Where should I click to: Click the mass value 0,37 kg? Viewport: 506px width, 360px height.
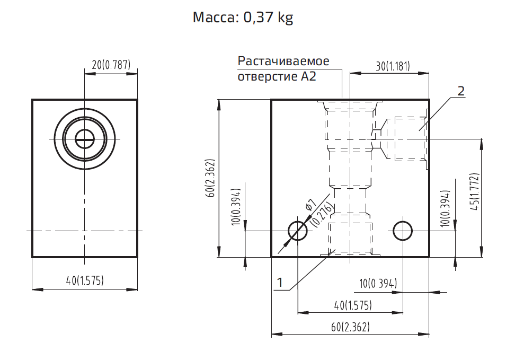(x=268, y=17)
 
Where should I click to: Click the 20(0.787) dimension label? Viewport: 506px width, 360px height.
(x=111, y=65)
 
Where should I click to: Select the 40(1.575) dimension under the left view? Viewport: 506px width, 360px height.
(x=85, y=280)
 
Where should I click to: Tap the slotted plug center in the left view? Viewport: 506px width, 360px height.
(x=85, y=139)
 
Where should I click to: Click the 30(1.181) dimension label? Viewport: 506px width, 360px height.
(x=393, y=66)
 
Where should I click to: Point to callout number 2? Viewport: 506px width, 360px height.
(x=461, y=91)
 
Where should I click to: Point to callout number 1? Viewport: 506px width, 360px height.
(x=280, y=283)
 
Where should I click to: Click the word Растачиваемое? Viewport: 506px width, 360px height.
(x=283, y=61)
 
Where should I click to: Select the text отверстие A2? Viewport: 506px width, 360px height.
(x=277, y=76)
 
